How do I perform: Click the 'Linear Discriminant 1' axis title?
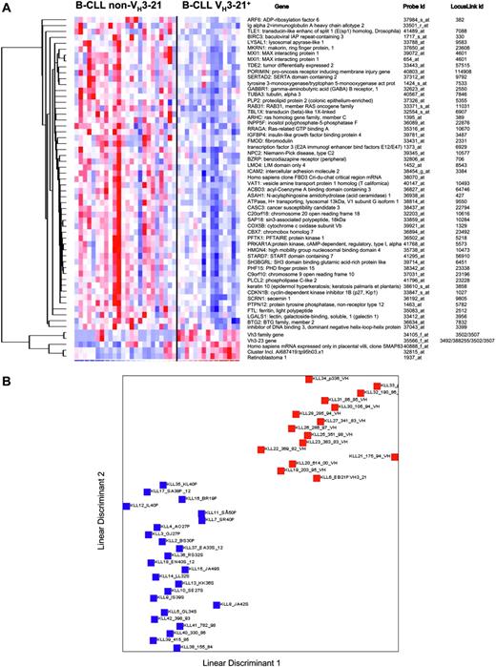pyautogui.click(x=246, y=659)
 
